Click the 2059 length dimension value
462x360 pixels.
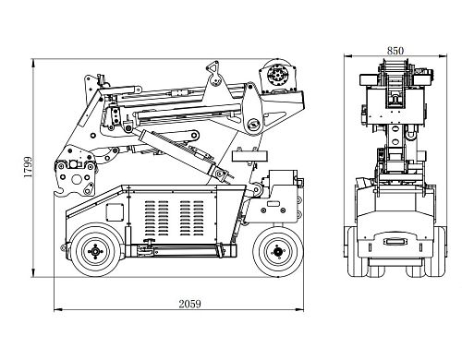(189, 304)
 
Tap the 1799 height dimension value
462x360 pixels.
(28, 167)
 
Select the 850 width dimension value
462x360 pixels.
(395, 51)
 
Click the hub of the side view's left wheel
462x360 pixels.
(95, 251)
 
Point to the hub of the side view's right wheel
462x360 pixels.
(278, 251)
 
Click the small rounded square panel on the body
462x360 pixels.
(115, 212)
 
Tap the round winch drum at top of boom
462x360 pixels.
(276, 74)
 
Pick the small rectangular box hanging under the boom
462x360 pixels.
(249, 156)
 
